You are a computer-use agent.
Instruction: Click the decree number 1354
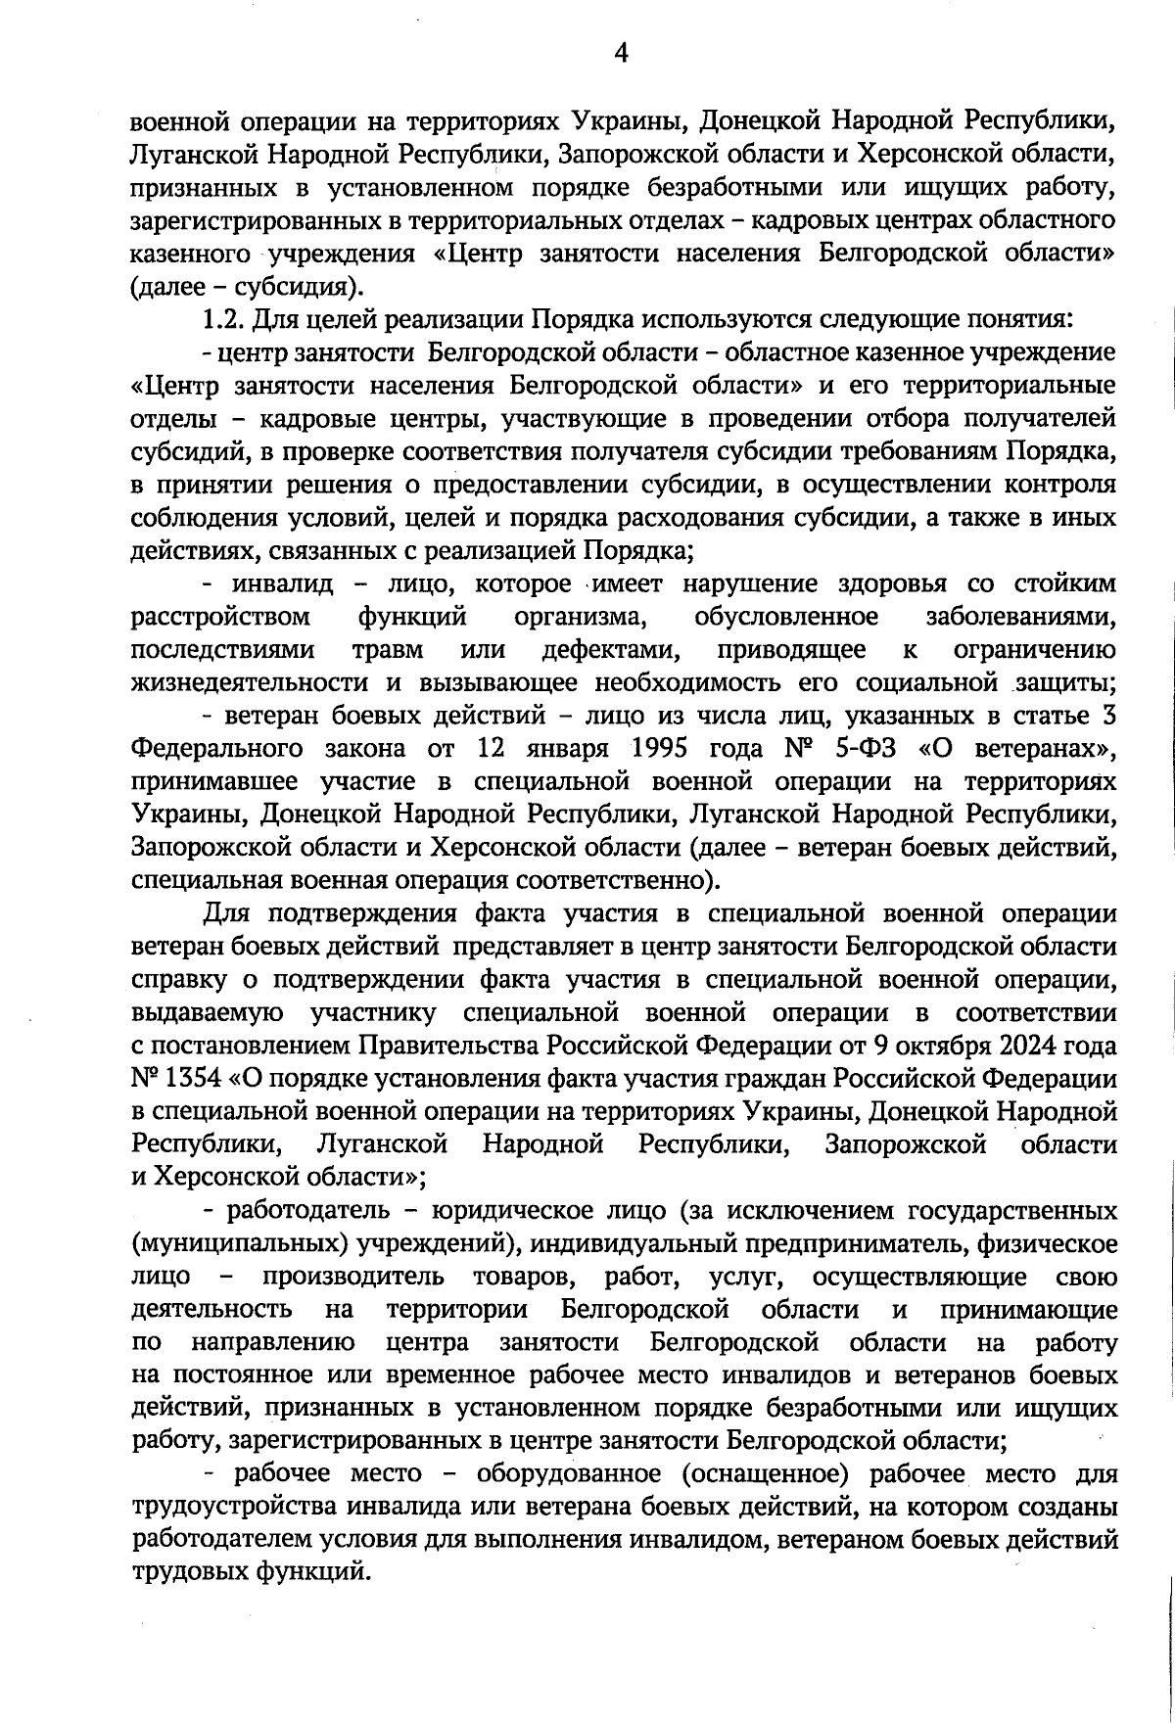click(x=193, y=1079)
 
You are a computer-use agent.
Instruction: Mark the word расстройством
click(x=220, y=618)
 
